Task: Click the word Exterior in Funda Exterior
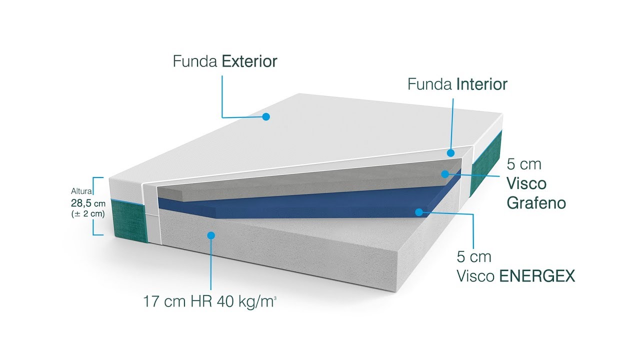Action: (x=249, y=61)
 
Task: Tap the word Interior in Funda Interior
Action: (x=481, y=84)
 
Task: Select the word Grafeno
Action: (x=536, y=203)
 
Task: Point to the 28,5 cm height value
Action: (x=87, y=203)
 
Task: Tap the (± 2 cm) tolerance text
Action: (x=88, y=214)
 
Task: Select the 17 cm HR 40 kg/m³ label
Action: (x=209, y=302)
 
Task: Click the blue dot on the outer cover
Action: (x=266, y=116)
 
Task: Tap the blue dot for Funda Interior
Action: (x=450, y=153)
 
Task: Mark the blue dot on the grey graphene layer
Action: (x=444, y=173)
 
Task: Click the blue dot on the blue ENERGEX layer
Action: (x=419, y=212)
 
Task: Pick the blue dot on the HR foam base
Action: (x=211, y=235)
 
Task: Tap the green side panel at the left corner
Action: (x=129, y=220)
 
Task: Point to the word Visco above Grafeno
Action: (x=526, y=183)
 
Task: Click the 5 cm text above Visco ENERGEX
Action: (x=474, y=257)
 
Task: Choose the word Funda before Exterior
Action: (x=195, y=61)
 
